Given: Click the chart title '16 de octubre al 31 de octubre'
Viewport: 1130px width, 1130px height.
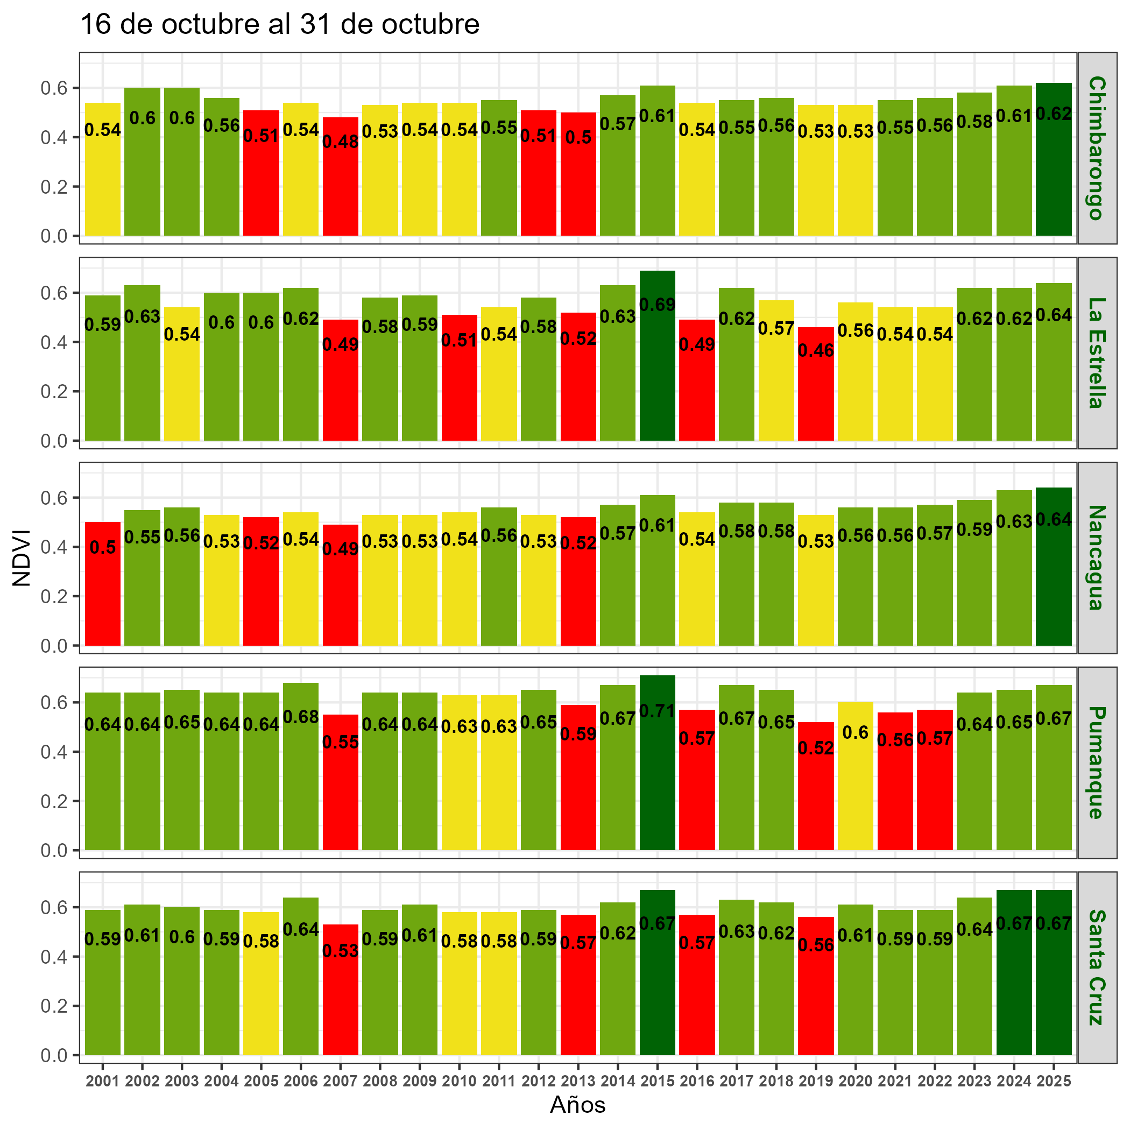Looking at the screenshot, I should [280, 25].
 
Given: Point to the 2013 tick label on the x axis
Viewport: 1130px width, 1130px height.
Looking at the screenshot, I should [578, 1082].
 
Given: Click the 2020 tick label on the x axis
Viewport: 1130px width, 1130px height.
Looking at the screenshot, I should [855, 1082].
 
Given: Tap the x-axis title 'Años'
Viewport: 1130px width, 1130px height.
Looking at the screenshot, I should [578, 1105].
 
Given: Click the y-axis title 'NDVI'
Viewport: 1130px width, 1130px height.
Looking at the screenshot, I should [22, 557].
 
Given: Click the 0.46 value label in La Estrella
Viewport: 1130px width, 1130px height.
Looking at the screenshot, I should [816, 351].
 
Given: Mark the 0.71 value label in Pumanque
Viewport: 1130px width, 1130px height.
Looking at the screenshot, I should [658, 711].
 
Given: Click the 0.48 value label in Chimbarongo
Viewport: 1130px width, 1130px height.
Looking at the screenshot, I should [341, 142].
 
